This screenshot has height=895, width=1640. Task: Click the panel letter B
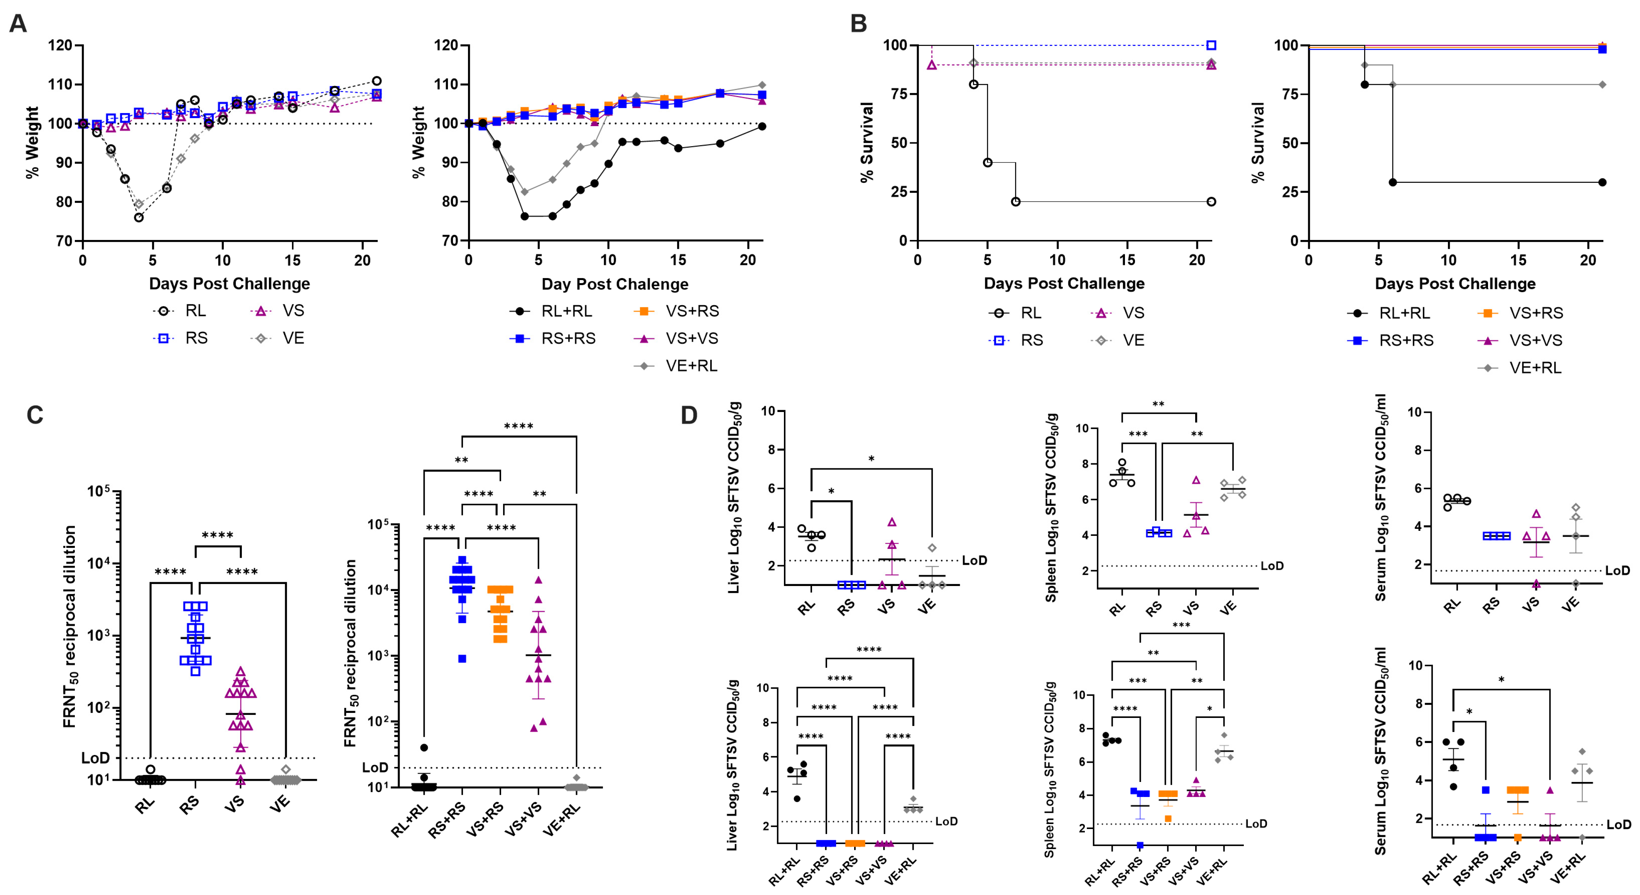point(858,24)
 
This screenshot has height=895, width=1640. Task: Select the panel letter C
point(35,415)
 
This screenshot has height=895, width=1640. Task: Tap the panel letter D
point(689,415)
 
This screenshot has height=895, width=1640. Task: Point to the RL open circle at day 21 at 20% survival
point(1211,202)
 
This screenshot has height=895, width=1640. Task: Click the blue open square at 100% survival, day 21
point(1211,45)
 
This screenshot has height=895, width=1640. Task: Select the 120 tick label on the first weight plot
point(61,45)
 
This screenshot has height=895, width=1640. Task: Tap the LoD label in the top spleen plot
point(1272,566)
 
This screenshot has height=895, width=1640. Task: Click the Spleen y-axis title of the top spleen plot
point(1051,507)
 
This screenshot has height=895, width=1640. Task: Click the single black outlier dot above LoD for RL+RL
point(424,747)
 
